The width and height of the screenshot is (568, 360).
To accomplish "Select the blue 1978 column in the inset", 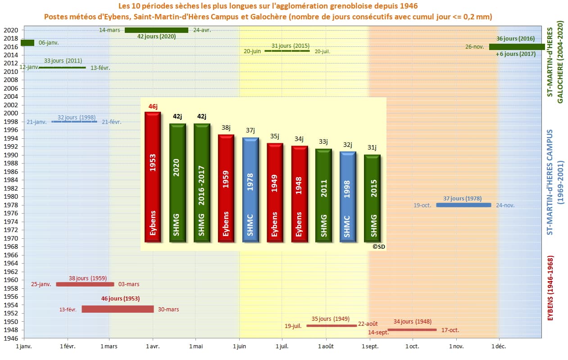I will point(250,190).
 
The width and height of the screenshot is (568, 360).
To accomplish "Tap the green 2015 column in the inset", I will point(372,198).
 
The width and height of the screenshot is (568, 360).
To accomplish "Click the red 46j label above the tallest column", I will point(153,106).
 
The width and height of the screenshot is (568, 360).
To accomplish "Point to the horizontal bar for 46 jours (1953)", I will point(118,309).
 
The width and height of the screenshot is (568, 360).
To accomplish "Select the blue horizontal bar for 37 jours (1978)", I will point(463,205).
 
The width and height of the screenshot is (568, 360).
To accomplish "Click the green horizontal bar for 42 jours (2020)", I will point(156,30).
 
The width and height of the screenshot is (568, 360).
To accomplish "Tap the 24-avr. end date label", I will point(202,30).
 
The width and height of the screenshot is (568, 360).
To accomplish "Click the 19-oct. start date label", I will point(423,205).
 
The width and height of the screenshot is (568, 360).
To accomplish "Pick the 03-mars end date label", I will point(129,284).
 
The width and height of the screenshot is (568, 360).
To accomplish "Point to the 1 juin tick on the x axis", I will point(239,346).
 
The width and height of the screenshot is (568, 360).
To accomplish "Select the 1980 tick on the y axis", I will point(11,196).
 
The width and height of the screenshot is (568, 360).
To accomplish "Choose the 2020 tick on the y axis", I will point(11,30).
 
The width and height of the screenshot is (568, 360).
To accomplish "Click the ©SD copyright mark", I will point(378,246).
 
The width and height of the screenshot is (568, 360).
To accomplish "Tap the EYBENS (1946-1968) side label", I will point(550,288).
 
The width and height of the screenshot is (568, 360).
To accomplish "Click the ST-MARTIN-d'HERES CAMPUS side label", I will point(550,182).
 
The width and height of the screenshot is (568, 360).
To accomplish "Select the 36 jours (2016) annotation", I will point(515,39).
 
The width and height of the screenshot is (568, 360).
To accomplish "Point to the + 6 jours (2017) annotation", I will point(515,54).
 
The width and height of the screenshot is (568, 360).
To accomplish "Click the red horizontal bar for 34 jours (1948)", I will point(412,330).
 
